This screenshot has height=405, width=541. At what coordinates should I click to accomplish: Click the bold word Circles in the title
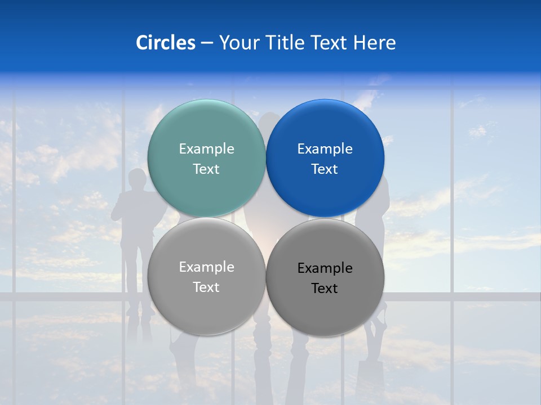(x=165, y=43)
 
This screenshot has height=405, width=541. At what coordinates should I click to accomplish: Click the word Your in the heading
(x=239, y=43)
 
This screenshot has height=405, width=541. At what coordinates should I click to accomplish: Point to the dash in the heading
(x=207, y=43)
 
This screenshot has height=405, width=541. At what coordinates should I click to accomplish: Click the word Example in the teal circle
(x=206, y=149)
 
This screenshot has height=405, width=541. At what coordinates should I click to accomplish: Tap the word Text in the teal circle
(x=206, y=169)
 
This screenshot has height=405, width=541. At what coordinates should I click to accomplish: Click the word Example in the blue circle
(x=325, y=149)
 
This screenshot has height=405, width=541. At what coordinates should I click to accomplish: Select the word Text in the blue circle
(x=325, y=169)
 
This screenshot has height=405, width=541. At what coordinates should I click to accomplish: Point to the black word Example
(x=325, y=268)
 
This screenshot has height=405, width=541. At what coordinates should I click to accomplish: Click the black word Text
(x=325, y=289)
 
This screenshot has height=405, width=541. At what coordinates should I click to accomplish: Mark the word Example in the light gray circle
(x=206, y=267)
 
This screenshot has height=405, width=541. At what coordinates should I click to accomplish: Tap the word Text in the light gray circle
(x=206, y=287)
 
